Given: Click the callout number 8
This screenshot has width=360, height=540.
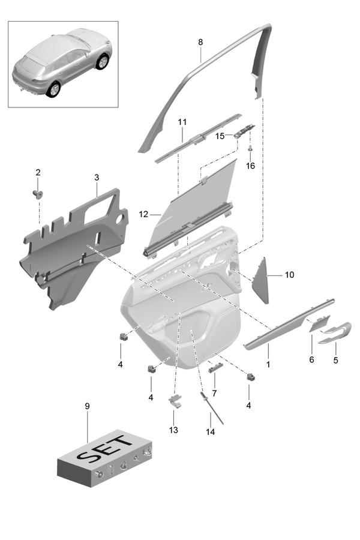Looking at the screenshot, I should point(200,42).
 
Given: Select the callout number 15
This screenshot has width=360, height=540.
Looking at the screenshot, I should point(220,136).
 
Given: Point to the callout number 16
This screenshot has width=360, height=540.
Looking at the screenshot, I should point(250,166).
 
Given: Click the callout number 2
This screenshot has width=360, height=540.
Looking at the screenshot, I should point(38,173).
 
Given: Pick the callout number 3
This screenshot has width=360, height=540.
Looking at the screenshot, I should point(97,178).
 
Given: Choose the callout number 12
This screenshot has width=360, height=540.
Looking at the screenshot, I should point(143,213).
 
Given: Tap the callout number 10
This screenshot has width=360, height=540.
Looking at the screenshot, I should point(289,275).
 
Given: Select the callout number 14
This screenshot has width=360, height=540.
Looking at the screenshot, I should point(210,431).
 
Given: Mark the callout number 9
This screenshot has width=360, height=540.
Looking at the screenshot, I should point(87,406).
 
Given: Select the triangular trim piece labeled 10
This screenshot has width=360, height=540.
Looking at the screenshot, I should point(262,280).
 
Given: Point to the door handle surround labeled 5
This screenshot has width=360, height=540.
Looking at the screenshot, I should point(337,332).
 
